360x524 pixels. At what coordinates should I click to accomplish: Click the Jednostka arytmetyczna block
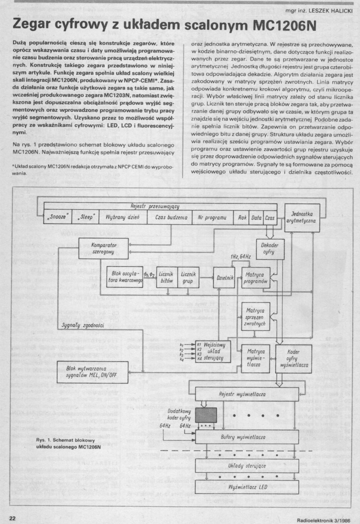(x=303, y=218)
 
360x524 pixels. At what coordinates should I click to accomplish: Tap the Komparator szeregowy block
(x=104, y=248)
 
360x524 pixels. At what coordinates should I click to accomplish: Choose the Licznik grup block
(x=188, y=277)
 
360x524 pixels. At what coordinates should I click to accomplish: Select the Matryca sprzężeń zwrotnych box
(x=256, y=316)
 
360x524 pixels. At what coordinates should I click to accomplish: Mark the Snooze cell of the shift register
(x=58, y=218)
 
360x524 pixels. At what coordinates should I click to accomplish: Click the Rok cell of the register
(x=243, y=218)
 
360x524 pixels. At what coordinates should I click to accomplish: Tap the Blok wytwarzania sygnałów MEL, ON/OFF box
(x=92, y=372)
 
